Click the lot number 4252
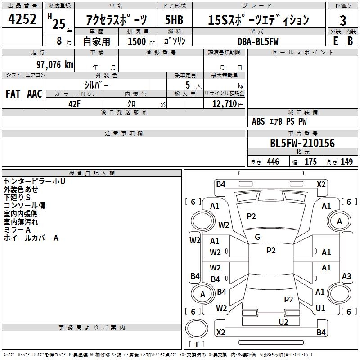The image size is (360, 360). point(22,19)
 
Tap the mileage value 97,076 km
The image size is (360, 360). point(55,65)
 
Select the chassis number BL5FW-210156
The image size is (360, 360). point(302,143)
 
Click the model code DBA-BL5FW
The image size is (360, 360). point(258,41)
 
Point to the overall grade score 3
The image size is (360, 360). point(343,21)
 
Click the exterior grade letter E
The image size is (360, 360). point(335,41)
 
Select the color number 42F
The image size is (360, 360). point(74,104)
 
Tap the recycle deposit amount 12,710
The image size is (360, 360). point(224,103)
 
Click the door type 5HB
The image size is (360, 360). point(174,20)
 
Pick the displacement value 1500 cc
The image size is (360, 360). point(141,41)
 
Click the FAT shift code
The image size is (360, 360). point(13,94)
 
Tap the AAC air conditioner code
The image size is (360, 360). point(35,94)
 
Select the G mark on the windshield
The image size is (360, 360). point(257,237)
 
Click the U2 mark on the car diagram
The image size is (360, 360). point(283,322)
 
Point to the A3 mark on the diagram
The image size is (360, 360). point(346,276)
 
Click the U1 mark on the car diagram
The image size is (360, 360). point(320,308)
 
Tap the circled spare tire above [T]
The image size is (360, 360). point(197,328)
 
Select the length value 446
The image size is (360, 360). point(273,162)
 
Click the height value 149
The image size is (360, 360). point(346,162)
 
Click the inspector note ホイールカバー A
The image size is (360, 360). point(31,238)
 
